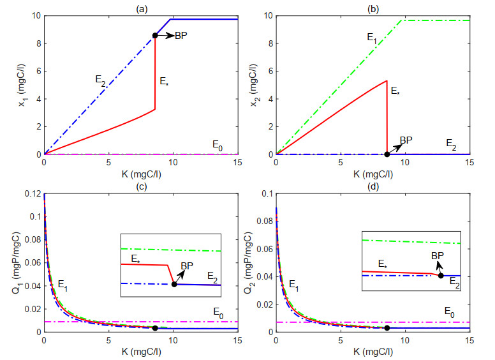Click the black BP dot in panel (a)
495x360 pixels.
click(154, 35)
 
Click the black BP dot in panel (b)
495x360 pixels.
click(387, 154)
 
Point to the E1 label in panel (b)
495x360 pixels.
click(372, 38)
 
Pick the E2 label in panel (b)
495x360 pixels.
click(450, 146)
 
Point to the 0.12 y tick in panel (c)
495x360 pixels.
click(31, 192)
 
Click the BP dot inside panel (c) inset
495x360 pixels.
click(174, 284)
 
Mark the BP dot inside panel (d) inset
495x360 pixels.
click(441, 275)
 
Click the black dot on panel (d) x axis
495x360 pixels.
click(387, 328)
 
